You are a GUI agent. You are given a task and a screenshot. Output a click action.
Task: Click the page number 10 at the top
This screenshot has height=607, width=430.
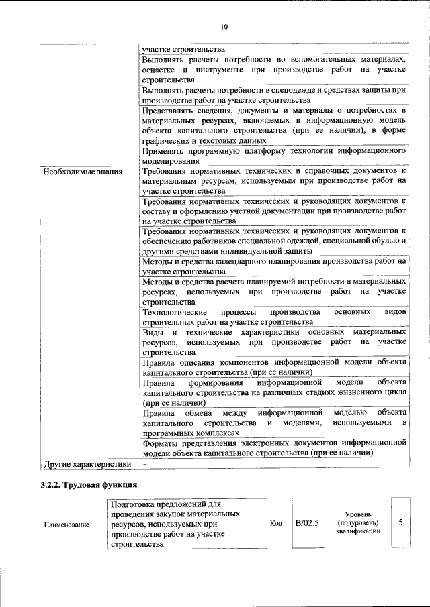(x=224, y=27)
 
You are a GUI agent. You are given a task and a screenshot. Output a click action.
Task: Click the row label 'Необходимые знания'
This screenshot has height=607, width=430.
(x=82, y=172)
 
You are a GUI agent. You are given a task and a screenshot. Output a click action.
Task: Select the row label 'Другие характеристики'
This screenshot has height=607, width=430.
(x=87, y=463)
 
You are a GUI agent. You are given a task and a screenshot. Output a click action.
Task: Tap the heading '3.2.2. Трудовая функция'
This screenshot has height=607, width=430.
(x=89, y=484)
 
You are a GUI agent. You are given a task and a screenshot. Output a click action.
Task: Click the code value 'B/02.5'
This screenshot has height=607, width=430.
(x=307, y=522)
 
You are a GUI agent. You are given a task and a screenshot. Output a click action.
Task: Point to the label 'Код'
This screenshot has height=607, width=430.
(x=275, y=523)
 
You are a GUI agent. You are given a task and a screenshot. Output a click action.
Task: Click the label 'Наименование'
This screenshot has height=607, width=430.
(x=67, y=524)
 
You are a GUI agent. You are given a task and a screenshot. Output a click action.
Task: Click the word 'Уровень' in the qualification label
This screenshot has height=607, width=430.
(x=359, y=514)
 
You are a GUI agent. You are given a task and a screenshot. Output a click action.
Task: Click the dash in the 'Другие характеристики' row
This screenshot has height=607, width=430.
(x=144, y=463)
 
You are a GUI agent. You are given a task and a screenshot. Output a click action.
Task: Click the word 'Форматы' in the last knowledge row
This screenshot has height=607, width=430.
(x=161, y=443)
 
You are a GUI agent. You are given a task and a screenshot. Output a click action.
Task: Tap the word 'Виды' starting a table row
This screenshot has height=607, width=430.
(x=153, y=332)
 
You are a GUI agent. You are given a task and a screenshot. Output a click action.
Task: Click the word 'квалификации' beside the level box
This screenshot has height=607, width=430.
(x=359, y=531)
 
